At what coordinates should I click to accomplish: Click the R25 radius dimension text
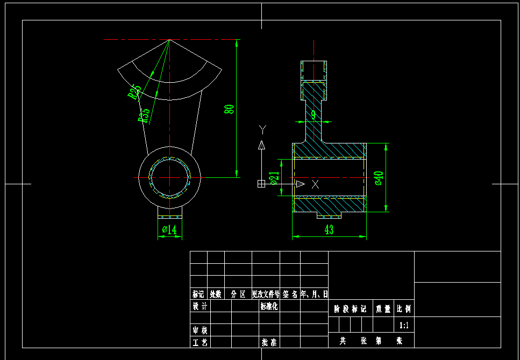pyautogui.click(x=134, y=91)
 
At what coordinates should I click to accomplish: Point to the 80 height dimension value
pyautogui.click(x=230, y=109)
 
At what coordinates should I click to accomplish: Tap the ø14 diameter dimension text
pyautogui.click(x=169, y=230)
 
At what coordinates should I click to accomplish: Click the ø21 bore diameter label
pyautogui.click(x=274, y=178)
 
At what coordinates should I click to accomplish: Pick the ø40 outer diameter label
pyautogui.click(x=379, y=178)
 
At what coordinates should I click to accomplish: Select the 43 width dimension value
pyautogui.click(x=329, y=230)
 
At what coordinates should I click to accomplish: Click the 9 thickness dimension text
pyautogui.click(x=314, y=114)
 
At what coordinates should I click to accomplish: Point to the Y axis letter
pyautogui.click(x=262, y=129)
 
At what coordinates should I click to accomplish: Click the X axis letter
pyautogui.click(x=315, y=184)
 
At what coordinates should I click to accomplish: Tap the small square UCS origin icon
pyautogui.click(x=261, y=184)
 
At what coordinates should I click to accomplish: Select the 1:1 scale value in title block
pyautogui.click(x=404, y=325)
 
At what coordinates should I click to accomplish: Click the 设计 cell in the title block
pyautogui.click(x=200, y=306)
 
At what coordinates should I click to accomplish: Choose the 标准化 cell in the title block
pyautogui.click(x=269, y=306)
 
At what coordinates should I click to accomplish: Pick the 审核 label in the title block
pyautogui.click(x=200, y=330)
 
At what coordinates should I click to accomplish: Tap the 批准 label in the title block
pyautogui.click(x=269, y=342)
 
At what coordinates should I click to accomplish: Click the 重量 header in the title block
pyautogui.click(x=383, y=309)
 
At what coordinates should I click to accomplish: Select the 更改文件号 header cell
pyautogui.click(x=266, y=294)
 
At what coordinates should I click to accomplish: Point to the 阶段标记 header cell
pyautogui.click(x=350, y=309)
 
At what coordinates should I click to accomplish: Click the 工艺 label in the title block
pyautogui.click(x=200, y=342)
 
